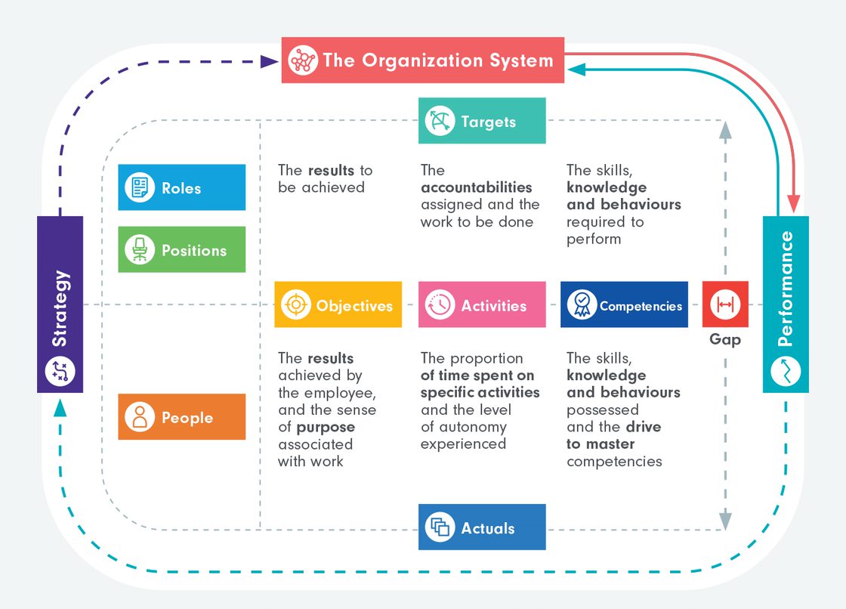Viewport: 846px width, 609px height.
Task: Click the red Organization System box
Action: tap(423, 60)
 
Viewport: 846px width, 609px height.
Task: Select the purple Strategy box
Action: tap(60, 304)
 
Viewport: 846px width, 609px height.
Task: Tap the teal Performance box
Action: tap(786, 304)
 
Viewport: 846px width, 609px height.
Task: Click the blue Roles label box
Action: tap(181, 187)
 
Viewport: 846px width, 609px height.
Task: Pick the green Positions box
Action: tap(181, 249)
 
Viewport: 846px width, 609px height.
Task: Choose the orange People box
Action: tap(181, 417)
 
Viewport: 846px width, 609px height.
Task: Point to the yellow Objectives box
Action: tap(338, 305)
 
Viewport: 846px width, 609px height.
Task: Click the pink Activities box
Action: tap(482, 305)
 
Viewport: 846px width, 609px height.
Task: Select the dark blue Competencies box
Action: tap(624, 305)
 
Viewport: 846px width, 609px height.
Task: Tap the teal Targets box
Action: tap(482, 121)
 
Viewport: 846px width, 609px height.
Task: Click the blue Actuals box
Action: tap(482, 527)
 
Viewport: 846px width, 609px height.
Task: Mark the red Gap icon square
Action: tap(725, 304)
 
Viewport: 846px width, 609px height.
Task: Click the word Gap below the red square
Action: tap(725, 340)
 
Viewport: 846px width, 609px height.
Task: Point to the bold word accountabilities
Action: tap(476, 187)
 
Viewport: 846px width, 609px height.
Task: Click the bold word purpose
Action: tap(325, 427)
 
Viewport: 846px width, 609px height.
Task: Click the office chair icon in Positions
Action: tap(140, 249)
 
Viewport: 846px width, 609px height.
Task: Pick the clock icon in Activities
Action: tap(440, 305)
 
